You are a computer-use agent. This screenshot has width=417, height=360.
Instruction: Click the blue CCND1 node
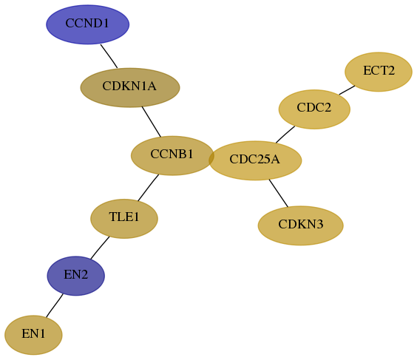point(88,24)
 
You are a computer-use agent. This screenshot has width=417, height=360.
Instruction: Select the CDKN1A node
point(130,88)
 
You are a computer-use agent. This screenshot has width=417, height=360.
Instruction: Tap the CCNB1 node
point(172,155)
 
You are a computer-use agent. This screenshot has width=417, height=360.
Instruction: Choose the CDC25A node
point(255,160)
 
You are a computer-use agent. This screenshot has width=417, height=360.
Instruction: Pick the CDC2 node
point(314,109)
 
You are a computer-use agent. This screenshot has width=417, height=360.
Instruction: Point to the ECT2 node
point(379,72)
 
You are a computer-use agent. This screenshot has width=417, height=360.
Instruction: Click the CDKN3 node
point(300,225)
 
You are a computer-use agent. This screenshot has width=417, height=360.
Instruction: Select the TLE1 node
point(124,219)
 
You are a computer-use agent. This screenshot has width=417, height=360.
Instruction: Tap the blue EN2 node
point(76,276)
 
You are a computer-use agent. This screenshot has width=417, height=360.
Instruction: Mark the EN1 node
point(33,335)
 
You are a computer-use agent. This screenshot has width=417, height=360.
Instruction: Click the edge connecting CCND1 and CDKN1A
point(109,56)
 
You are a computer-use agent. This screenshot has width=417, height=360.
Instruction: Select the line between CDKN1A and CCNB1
point(152,122)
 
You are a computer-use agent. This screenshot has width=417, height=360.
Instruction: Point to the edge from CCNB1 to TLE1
point(149,188)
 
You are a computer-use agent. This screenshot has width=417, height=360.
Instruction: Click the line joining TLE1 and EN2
point(100,248)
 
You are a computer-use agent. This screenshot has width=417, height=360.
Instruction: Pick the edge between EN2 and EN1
point(55,305)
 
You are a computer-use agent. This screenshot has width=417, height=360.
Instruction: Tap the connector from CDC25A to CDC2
point(285,135)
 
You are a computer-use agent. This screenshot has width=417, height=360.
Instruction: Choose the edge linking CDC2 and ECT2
point(347,90)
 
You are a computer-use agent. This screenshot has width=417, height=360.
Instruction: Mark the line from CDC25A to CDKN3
point(279,193)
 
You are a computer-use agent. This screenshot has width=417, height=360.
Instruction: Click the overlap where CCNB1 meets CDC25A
point(211,158)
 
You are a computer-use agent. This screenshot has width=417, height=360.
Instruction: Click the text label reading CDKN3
point(301,225)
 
